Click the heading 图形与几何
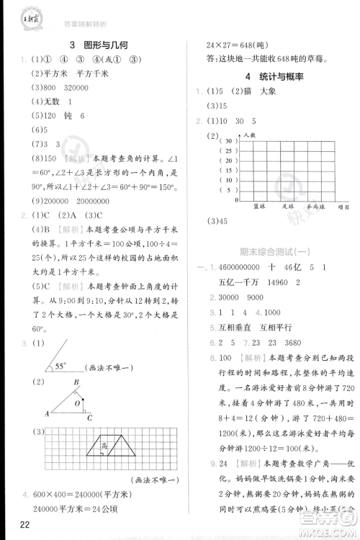pos(100,44)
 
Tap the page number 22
pos(15,524)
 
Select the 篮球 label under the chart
pos(260,206)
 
